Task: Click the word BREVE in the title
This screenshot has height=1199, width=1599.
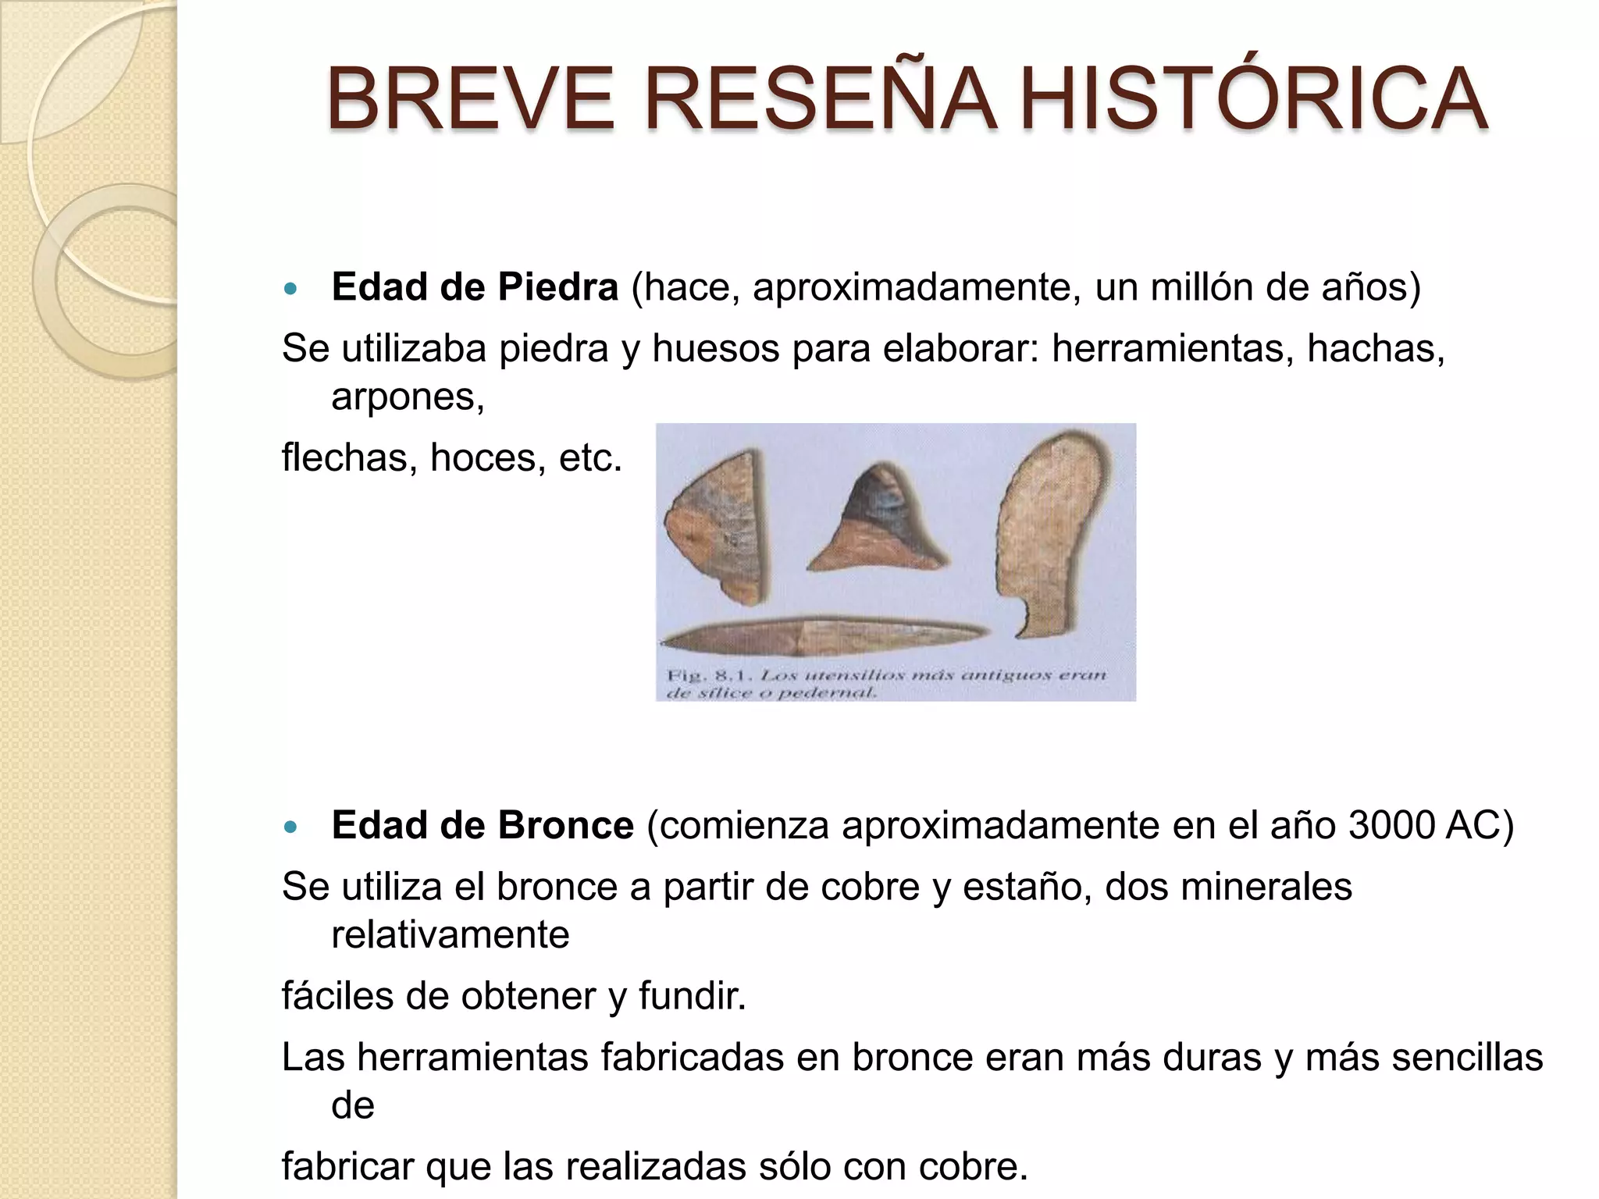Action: (472, 99)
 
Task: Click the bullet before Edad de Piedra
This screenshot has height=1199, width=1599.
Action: (291, 289)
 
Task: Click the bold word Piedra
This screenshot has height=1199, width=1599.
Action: (557, 287)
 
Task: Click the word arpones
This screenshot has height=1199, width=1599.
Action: (406, 397)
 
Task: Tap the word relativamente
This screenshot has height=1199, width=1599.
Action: (450, 935)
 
